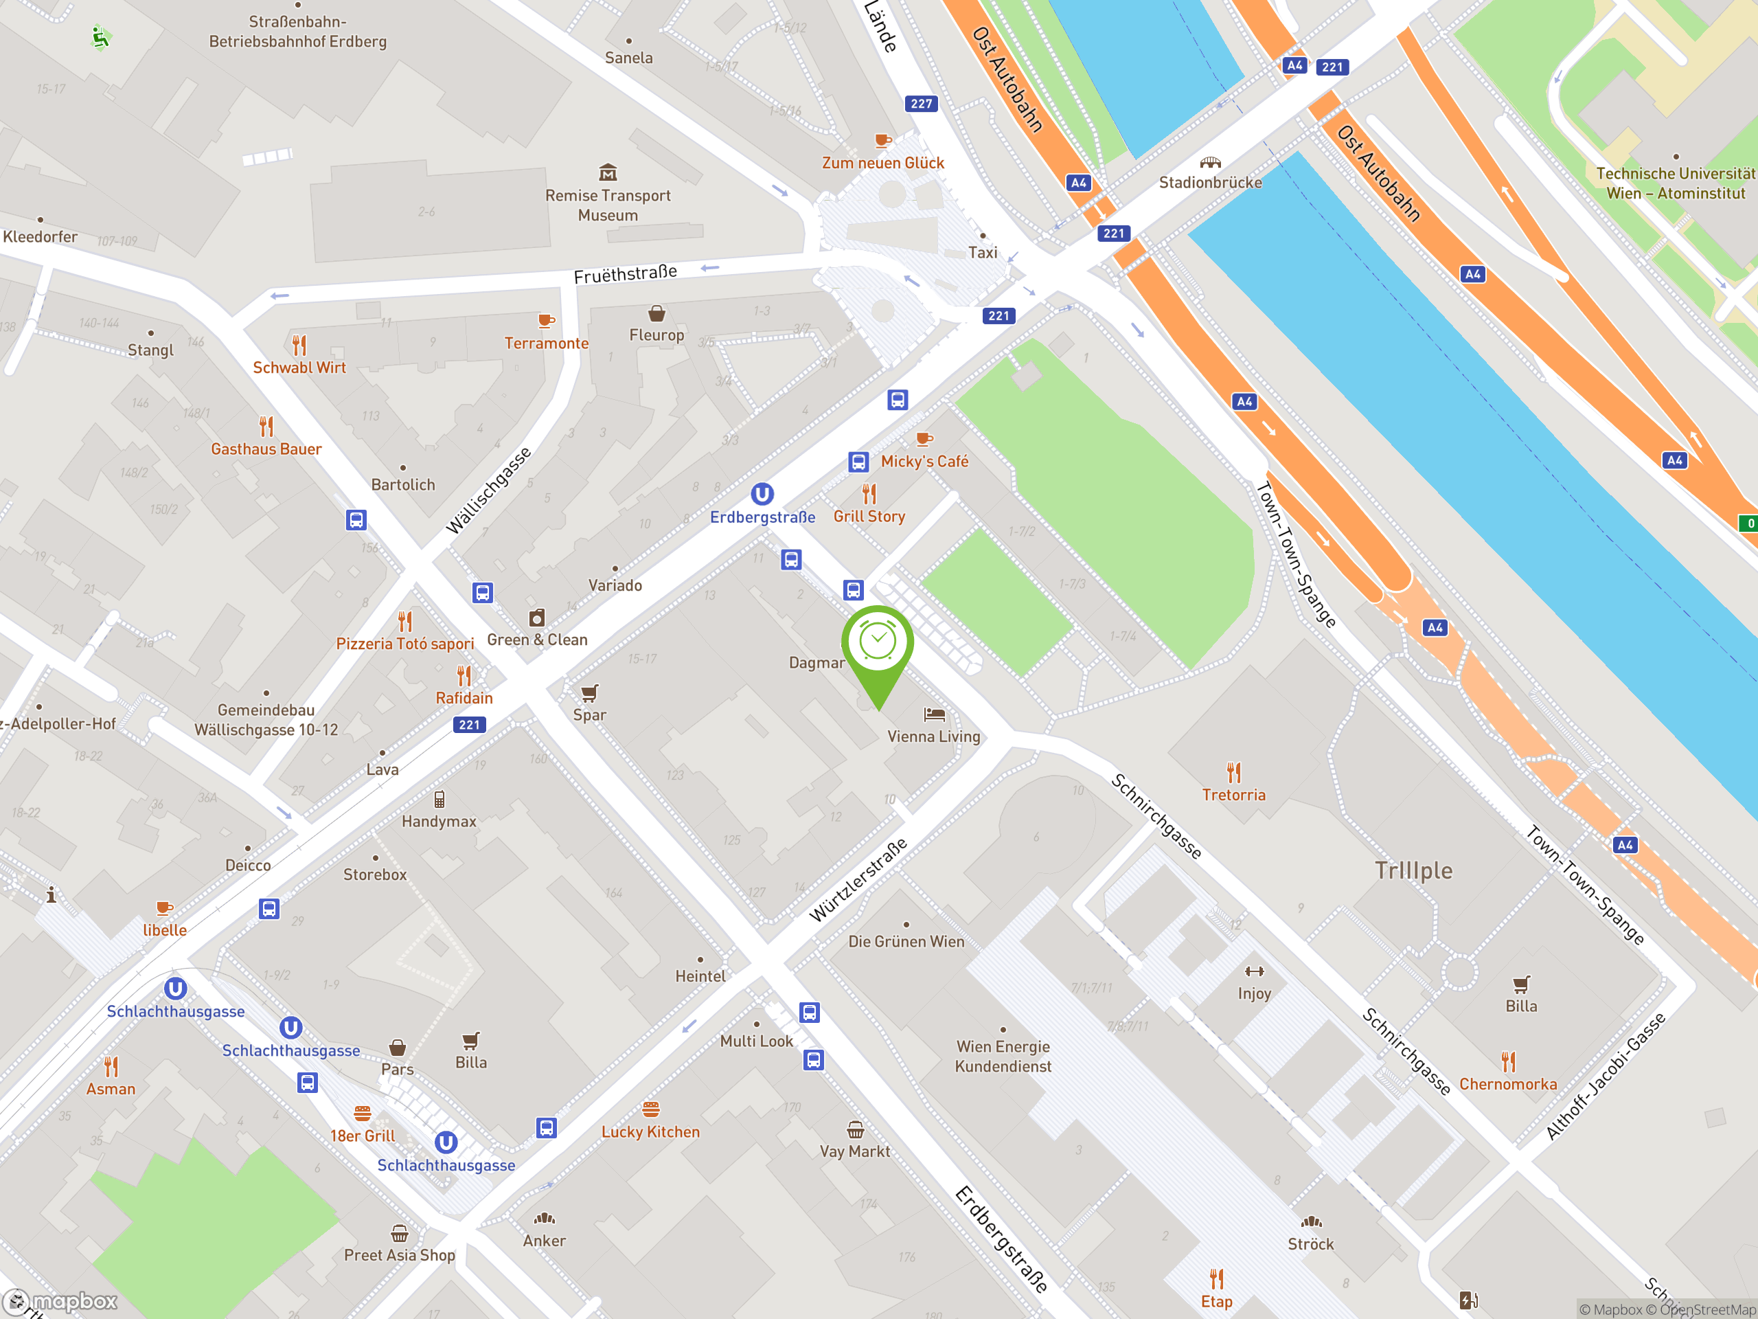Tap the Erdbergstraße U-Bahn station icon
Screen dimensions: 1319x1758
(x=762, y=495)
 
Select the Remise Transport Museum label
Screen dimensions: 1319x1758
(x=608, y=205)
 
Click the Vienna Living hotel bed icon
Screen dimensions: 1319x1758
(x=935, y=714)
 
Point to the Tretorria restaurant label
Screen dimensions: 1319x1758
(x=1233, y=794)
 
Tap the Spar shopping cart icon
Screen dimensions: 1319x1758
(x=589, y=692)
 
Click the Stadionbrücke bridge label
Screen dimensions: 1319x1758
(x=1209, y=182)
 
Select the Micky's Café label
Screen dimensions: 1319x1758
(x=924, y=461)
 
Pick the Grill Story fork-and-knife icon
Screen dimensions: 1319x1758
(x=869, y=495)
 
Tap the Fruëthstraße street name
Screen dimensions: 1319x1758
(x=626, y=273)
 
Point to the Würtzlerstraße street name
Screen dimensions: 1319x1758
(x=858, y=880)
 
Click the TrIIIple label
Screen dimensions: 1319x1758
(x=1414, y=870)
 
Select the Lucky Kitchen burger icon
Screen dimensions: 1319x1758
(x=651, y=1109)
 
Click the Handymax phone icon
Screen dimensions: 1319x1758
(x=439, y=799)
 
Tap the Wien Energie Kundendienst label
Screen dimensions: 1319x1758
(x=1003, y=1056)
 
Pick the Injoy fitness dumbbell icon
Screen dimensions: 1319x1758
(x=1254, y=971)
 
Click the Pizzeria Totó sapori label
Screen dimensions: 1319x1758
(x=404, y=643)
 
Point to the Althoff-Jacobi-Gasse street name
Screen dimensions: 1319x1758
(x=1606, y=1076)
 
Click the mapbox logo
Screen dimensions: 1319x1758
(x=60, y=1302)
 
